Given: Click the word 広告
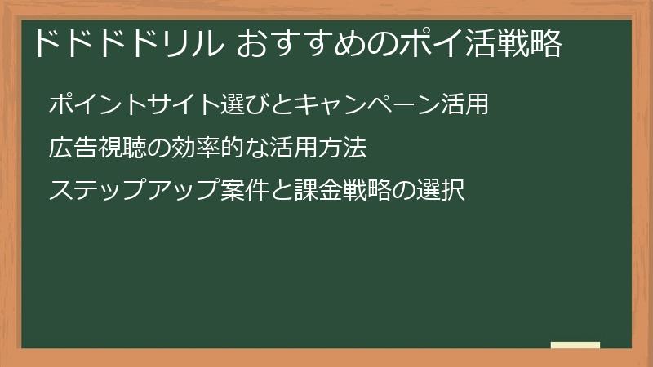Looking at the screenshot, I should pyautogui.click(x=72, y=148).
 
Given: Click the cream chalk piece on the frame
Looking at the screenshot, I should pyautogui.click(x=575, y=346).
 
